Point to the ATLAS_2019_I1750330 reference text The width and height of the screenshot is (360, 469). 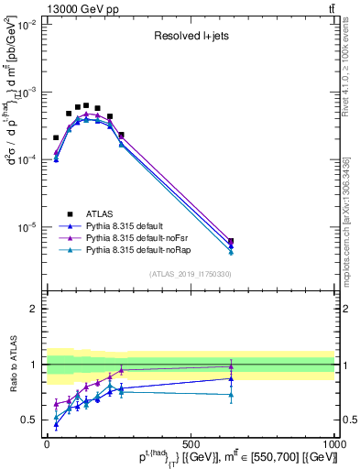(191, 274)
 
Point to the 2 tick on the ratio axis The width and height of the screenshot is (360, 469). (34, 309)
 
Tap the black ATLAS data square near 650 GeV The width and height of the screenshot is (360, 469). (231, 242)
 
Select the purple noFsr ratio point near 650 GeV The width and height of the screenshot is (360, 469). (231, 366)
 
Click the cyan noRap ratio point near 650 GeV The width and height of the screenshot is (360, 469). (231, 395)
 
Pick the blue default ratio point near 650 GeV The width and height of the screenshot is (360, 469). (231, 378)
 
